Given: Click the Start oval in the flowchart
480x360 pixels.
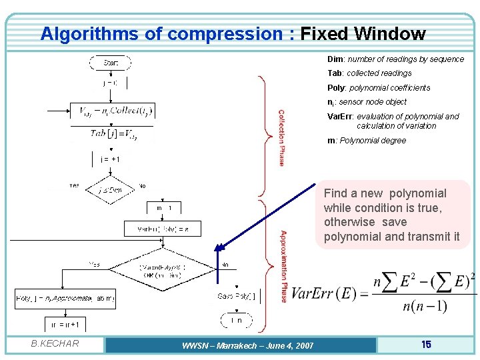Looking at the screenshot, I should tap(111, 63).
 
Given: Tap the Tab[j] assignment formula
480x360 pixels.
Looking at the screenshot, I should tap(112, 133).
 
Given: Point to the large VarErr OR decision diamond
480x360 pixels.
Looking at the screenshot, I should tap(163, 270).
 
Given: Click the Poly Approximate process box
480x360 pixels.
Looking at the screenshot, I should tap(65, 299).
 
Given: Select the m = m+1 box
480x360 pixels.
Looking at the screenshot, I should tap(65, 325).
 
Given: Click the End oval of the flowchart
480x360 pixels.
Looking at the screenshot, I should tap(237, 321).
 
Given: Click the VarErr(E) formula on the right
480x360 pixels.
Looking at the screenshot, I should tap(383, 293).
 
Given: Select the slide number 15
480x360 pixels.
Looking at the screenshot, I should tap(426, 344).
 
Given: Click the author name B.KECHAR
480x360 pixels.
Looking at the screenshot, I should tap(55, 344).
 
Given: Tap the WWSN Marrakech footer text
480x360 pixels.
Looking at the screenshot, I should tap(238, 345).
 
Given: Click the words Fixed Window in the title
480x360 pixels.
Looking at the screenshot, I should tap(363, 33).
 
